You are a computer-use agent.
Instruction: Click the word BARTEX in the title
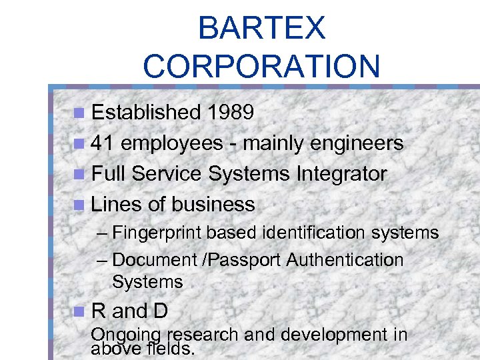tap(261, 29)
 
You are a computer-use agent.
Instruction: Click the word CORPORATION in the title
tap(261, 66)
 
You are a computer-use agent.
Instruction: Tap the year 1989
tap(230, 112)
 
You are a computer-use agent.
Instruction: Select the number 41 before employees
tap(103, 143)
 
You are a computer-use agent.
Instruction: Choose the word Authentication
tap(345, 260)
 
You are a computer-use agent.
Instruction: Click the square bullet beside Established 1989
tap(80, 113)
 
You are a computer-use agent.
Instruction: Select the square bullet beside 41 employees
tap(80, 143)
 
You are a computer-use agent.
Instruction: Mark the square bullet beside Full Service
tap(80, 175)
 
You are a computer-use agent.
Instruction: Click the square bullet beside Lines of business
tap(80, 205)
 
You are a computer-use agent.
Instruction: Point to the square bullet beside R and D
tap(80, 311)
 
